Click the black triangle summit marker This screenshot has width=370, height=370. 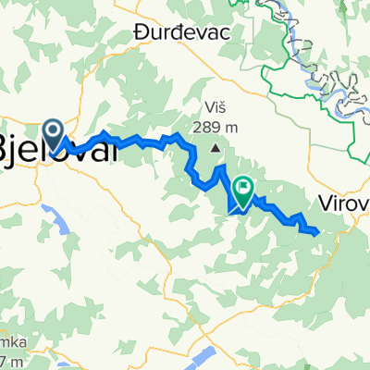click(x=216, y=147)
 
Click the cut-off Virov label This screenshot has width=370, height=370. click(x=343, y=203)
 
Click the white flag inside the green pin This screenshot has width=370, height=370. click(x=243, y=190)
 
